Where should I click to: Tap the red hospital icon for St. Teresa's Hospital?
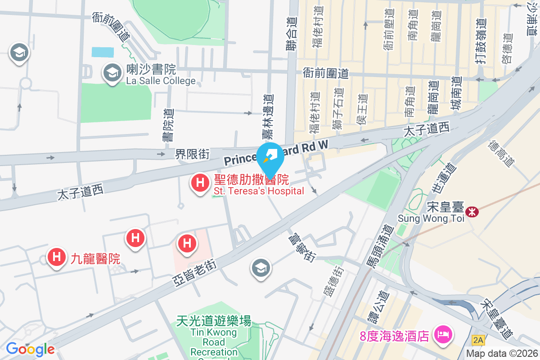click(199, 183)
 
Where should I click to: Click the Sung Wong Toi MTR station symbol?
click(472, 211)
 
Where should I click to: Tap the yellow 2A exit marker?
click(477, 337)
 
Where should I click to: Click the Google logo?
click(30, 349)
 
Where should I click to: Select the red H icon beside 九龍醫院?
click(57, 257)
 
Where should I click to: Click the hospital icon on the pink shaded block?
click(187, 243)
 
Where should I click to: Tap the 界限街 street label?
click(192, 154)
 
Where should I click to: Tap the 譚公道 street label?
click(373, 306)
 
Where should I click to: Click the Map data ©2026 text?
click(502, 354)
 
